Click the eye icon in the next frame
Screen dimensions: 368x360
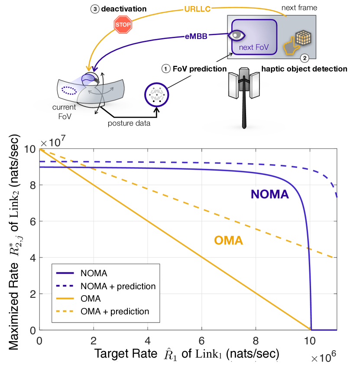pos(238,35)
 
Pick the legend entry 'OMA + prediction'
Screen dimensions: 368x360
pos(115,311)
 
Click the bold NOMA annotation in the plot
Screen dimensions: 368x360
pos(269,194)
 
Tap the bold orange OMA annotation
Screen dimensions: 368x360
pos(229,240)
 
